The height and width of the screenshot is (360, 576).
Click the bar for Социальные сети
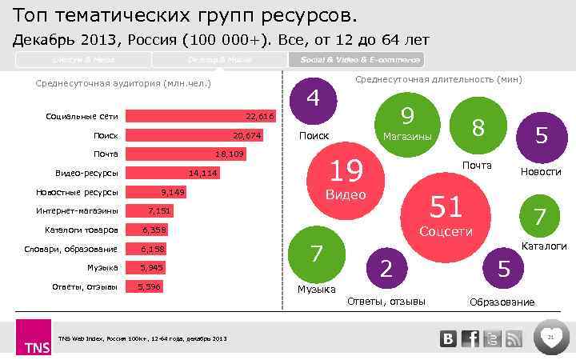coord(200,116)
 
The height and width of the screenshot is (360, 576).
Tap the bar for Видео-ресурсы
coord(173,173)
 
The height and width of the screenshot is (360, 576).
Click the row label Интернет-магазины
coord(77,211)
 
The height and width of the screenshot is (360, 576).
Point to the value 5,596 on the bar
coord(149,286)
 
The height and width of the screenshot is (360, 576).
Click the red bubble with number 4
coord(314,99)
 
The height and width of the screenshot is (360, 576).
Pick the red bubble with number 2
coord(386,269)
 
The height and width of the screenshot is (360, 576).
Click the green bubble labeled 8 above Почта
coord(478,127)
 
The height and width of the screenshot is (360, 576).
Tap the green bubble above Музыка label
coord(315,254)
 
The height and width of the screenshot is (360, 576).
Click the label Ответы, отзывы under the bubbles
coord(386,301)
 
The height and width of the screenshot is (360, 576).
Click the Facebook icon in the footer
coord(470,338)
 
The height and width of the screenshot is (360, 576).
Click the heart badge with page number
coord(550,338)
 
